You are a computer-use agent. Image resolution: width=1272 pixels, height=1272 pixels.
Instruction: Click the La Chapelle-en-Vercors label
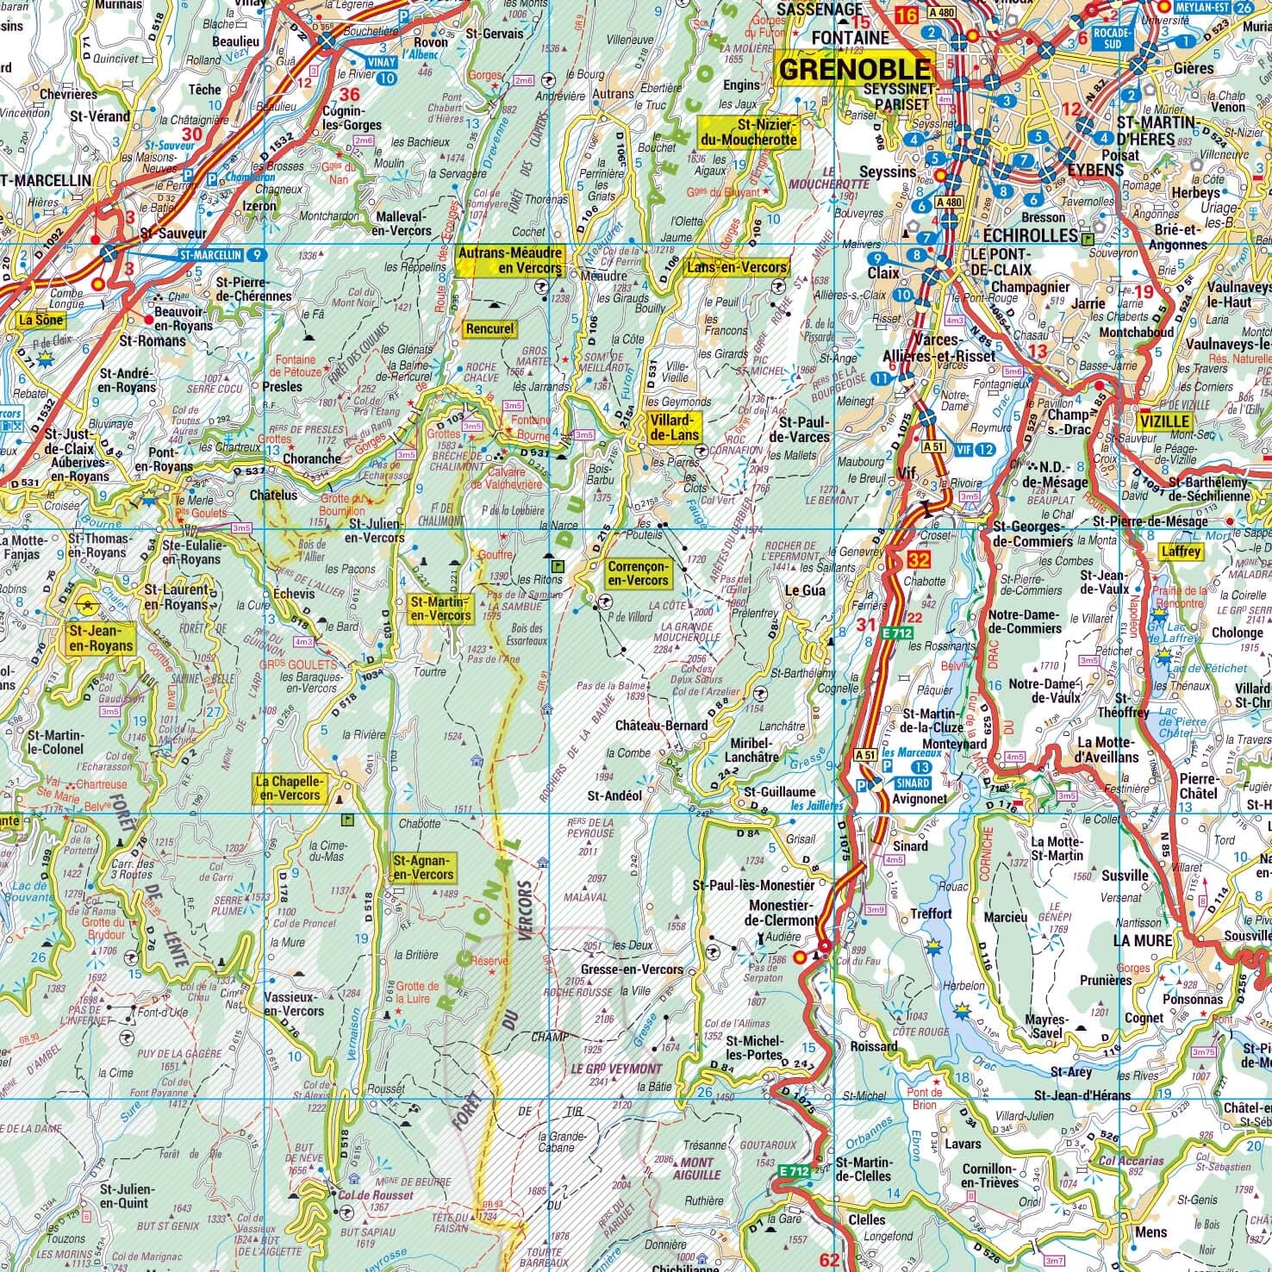(x=289, y=787)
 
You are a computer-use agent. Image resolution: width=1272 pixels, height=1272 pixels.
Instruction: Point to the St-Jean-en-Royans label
(x=100, y=638)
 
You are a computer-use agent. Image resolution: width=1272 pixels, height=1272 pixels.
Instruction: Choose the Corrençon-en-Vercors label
(x=637, y=573)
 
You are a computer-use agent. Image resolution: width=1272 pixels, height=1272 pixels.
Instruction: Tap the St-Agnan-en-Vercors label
(x=423, y=867)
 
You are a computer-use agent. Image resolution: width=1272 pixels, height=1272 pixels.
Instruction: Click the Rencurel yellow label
(x=489, y=328)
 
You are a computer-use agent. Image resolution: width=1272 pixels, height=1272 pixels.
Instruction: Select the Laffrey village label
(x=1180, y=552)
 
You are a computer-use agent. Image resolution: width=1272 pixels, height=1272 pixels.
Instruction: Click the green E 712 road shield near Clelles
(x=795, y=1171)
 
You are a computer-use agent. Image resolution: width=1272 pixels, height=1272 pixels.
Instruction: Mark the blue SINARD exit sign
(x=912, y=783)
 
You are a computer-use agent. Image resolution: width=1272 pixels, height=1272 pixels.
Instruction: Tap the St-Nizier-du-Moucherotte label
(x=748, y=132)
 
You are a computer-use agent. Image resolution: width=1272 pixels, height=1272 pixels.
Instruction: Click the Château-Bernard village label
(x=661, y=725)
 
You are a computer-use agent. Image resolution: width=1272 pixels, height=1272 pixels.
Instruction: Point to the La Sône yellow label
(x=38, y=321)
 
